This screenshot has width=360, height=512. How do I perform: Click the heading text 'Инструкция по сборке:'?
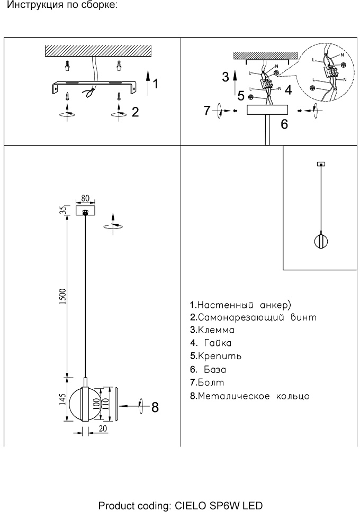[x=64, y=6]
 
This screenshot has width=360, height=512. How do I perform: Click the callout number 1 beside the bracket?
[x=156, y=83]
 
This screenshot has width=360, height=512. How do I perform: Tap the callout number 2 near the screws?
[x=135, y=112]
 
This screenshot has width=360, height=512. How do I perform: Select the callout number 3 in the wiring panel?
[x=226, y=77]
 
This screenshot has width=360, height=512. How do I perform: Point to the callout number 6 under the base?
[x=284, y=125]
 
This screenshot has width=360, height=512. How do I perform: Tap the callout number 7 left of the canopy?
[x=208, y=111]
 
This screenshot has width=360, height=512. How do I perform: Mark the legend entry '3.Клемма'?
[x=212, y=330]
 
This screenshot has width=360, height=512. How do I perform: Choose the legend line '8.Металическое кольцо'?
[x=249, y=396]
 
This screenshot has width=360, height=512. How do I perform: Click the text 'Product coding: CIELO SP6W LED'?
[x=180, y=506]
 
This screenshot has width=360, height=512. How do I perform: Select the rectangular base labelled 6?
[x=268, y=110]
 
